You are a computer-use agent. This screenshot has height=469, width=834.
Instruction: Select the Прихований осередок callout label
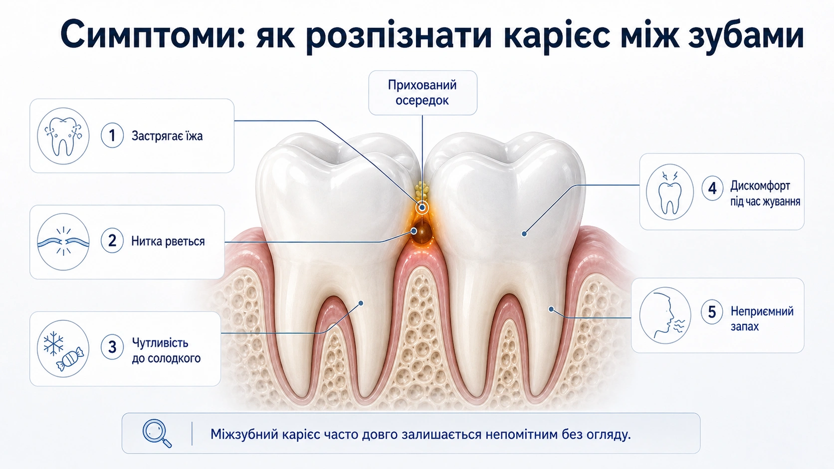pos(422,93)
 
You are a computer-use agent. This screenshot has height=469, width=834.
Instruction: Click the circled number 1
pos(112,136)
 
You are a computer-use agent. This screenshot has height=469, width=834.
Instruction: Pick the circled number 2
pos(112,241)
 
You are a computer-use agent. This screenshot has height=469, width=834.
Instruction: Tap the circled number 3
pos(112,347)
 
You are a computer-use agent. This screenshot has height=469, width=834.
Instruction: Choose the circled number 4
pos(712,188)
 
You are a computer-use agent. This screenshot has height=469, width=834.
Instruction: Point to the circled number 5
pos(712,312)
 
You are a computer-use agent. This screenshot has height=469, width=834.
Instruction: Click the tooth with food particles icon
pos(63,136)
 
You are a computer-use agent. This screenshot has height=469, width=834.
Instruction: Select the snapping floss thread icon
pos(63,242)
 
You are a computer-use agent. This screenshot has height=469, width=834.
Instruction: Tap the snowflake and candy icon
pos(63,348)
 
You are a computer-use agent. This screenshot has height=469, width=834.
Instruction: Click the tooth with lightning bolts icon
pos(670,192)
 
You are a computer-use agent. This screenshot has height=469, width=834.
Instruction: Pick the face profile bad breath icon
pos(665,315)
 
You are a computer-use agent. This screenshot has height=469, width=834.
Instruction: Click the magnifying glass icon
pos(157,433)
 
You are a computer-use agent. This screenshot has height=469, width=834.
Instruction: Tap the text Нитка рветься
pos(168,241)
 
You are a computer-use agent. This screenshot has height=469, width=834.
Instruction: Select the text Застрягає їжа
pos(167,136)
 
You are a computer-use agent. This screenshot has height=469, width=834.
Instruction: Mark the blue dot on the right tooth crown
pos(524,234)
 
